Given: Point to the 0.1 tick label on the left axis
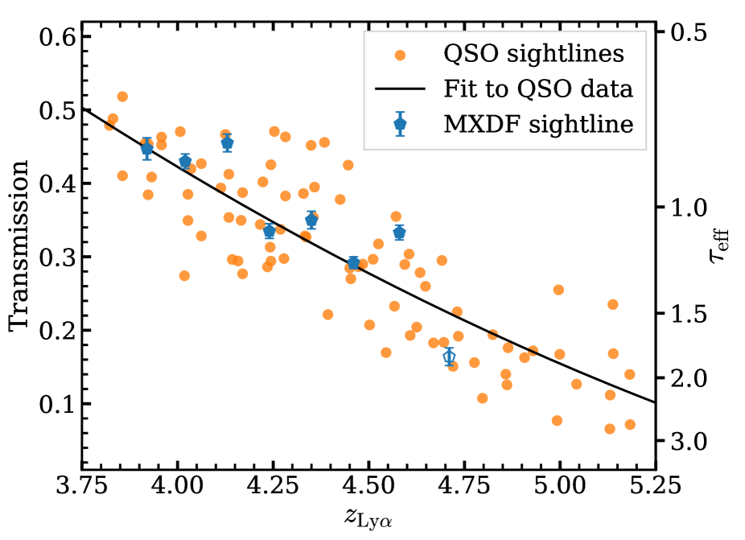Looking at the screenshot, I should click(x=57, y=405).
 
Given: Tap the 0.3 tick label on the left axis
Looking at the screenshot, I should click(x=57, y=258).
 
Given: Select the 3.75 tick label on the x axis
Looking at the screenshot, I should click(x=81, y=487).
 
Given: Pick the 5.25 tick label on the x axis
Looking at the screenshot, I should click(x=655, y=487).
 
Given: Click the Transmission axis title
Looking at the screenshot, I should click(x=19, y=245).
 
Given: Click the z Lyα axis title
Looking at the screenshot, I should click(x=367, y=519).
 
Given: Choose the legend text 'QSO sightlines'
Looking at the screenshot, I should click(x=533, y=55).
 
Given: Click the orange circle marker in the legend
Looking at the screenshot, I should click(x=400, y=55).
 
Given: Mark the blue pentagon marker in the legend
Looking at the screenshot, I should click(x=400, y=124).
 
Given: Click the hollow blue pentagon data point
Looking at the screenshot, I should click(x=449, y=356).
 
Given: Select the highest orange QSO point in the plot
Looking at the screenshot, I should click(x=122, y=97).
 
